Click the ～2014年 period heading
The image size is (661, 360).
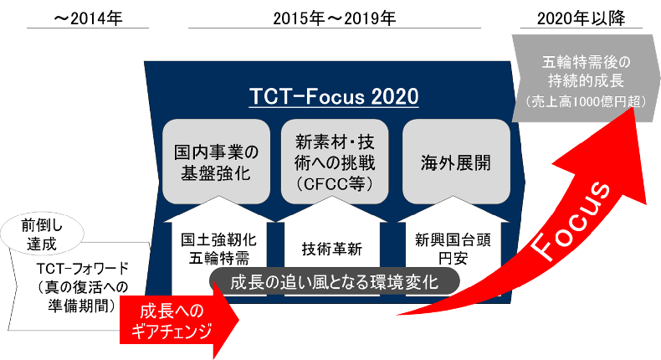pyautogui.click(x=88, y=18)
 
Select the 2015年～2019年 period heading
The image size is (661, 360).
pyautogui.click(x=335, y=18)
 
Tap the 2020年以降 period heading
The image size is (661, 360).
pyautogui.click(x=581, y=18)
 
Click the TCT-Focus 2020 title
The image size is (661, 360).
pyautogui.click(x=334, y=96)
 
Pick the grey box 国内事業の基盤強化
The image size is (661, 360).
pyautogui.click(x=216, y=162)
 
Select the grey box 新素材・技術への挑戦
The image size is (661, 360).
pyautogui.click(x=335, y=162)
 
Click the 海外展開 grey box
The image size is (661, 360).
pyautogui.click(x=456, y=162)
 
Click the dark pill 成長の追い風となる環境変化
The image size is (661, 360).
pyautogui.click(x=335, y=281)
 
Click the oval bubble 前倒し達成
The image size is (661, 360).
pyautogui.click(x=42, y=234)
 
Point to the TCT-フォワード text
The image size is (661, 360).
pyautogui.click(x=82, y=269)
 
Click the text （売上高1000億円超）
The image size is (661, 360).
pyautogui.click(x=586, y=101)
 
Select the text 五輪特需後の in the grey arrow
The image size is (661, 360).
pyautogui.click(x=586, y=63)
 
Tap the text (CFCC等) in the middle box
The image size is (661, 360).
pyautogui.click(x=335, y=184)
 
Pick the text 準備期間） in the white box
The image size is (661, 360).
pyautogui.click(x=82, y=306)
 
